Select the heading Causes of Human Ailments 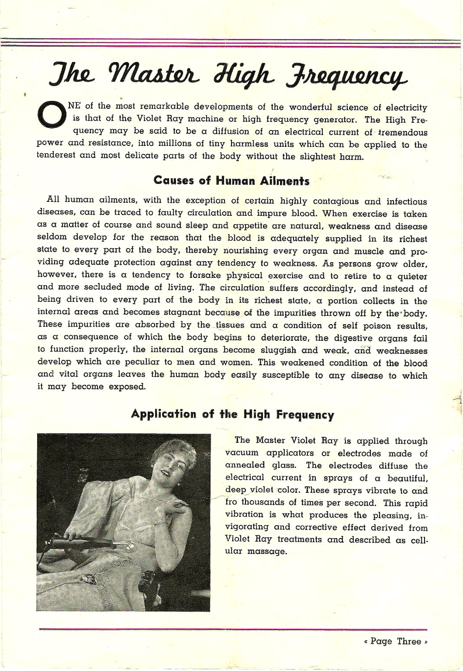[231, 181]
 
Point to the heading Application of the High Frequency [232, 414]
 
